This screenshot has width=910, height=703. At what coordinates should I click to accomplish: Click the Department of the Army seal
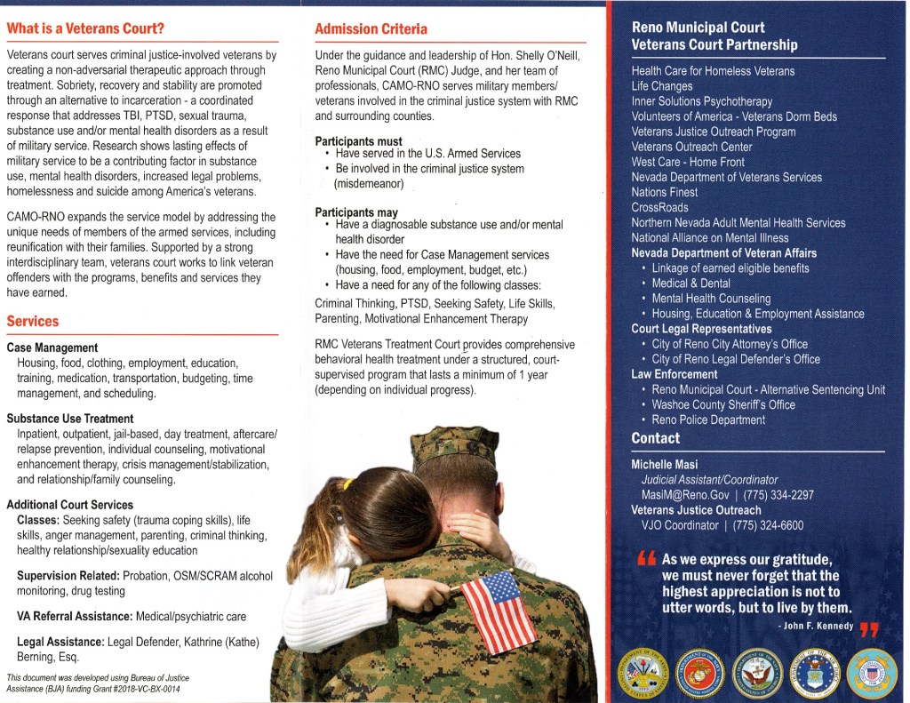coord(646,673)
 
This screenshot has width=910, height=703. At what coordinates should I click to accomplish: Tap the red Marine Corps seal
coord(701,673)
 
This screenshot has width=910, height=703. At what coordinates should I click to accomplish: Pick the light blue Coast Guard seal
coord(871,673)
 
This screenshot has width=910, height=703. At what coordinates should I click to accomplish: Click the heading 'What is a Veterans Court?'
coord(85,28)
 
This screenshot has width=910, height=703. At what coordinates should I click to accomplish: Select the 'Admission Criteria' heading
coord(371,29)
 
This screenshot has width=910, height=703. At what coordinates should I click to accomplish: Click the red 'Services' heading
coord(33,322)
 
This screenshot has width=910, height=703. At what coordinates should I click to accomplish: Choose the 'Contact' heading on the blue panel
coord(655,438)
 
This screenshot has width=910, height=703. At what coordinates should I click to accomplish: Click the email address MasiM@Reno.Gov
coord(680,495)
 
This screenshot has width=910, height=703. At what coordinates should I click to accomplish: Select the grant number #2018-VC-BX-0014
coord(132,689)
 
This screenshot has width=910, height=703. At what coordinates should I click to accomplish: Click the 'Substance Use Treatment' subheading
coord(70,419)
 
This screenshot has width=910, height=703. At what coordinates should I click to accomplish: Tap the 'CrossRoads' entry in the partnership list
coord(659,207)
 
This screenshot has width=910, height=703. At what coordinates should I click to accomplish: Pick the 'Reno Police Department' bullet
coord(707,419)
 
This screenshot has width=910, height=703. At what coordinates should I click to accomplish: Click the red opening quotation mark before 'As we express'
coord(645,560)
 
